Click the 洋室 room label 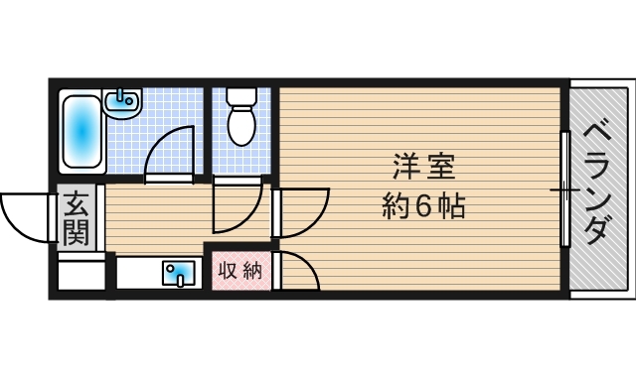(424, 167)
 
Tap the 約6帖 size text (423, 205)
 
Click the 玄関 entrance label (77, 218)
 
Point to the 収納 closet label (240, 271)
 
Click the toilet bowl (241, 125)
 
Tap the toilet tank (241, 96)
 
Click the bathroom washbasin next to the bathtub (122, 103)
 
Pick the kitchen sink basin (179, 274)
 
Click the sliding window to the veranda (565, 188)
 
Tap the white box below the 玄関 (81, 275)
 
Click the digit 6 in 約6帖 (422, 206)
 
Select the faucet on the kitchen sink (181, 280)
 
